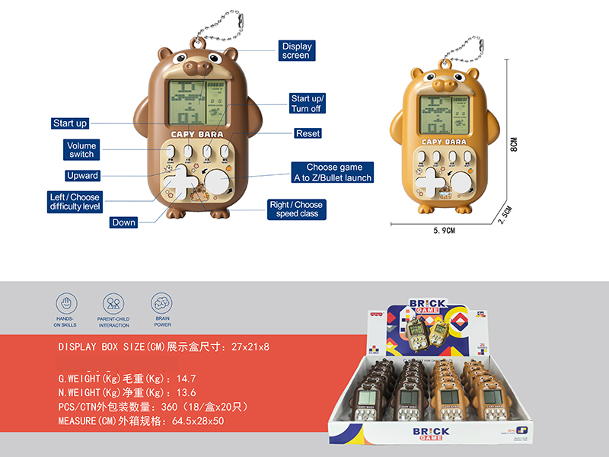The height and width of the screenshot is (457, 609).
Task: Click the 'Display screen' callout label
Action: (295, 50)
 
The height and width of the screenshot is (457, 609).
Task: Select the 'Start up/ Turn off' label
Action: (307, 104)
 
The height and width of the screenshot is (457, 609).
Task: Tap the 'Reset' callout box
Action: (308, 133)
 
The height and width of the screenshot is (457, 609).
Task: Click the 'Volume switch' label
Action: (81, 149)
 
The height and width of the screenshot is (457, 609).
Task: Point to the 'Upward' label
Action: (82, 175)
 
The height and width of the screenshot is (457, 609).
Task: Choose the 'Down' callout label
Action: (123, 222)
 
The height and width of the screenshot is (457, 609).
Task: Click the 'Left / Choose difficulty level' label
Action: (75, 202)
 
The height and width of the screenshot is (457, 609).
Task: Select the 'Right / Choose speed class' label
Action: (296, 209)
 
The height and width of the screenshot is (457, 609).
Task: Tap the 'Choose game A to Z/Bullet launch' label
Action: (333, 172)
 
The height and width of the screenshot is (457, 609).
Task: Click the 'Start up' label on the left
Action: (70, 123)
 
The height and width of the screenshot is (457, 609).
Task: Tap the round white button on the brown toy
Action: (219, 184)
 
